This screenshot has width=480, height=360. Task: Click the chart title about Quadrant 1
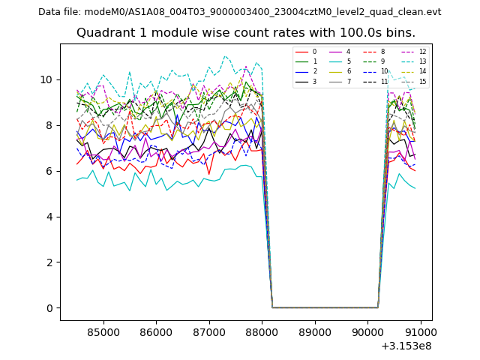(x=245, y=33)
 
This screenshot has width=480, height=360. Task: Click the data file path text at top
(x=239, y=12)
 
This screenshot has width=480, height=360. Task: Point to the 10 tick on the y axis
(x=46, y=79)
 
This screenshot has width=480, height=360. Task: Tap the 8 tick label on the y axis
(x=49, y=125)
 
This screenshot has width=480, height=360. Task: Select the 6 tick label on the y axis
(x=49, y=171)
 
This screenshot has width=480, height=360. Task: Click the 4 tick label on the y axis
(x=49, y=217)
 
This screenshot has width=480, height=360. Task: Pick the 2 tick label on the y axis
(x=49, y=262)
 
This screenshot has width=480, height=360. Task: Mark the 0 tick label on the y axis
(x=49, y=308)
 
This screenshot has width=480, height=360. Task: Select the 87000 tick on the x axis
(x=208, y=331)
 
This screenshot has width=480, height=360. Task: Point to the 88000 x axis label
(x=262, y=331)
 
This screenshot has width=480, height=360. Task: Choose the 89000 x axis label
(x=314, y=331)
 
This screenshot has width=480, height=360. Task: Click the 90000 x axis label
(x=367, y=331)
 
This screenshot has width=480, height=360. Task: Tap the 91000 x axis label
(x=420, y=331)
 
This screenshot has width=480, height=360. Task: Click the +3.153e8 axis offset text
(x=406, y=346)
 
